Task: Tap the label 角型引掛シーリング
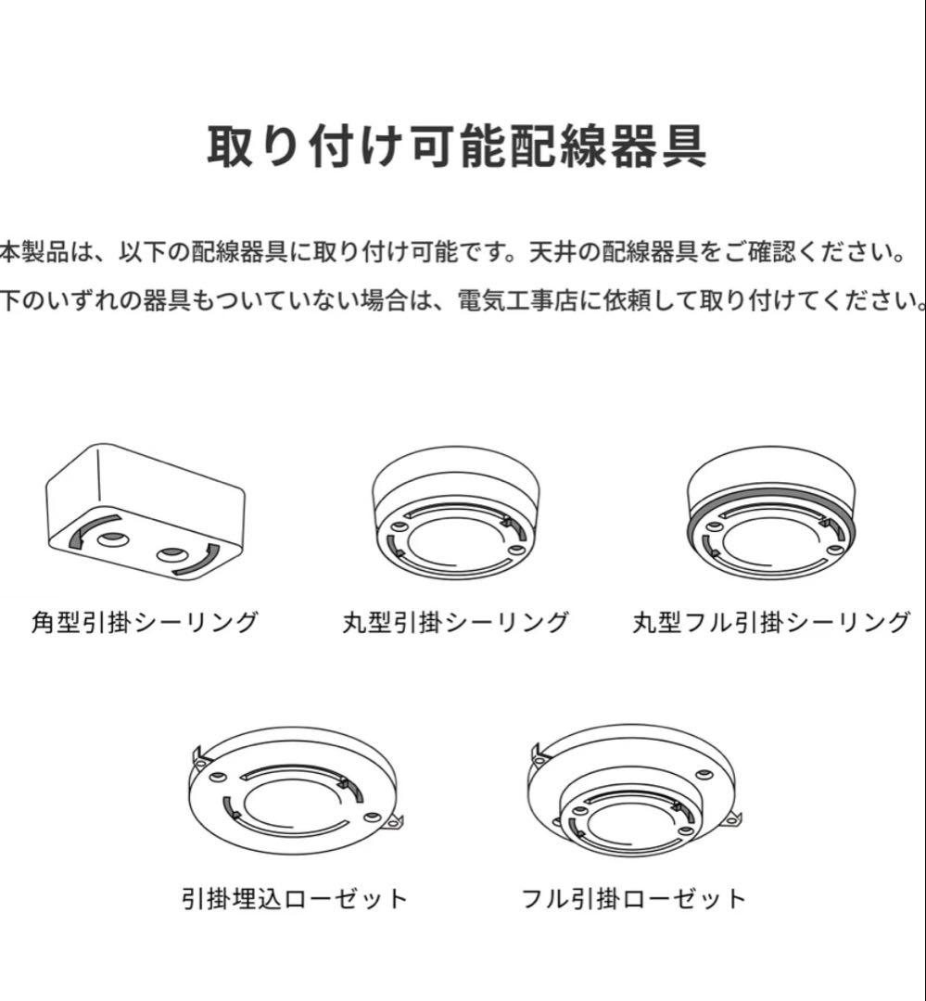pyautogui.click(x=144, y=622)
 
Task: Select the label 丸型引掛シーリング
pyautogui.click(x=454, y=622)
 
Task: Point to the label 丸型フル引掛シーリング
pyautogui.click(x=771, y=622)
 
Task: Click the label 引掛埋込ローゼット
pyautogui.click(x=295, y=898)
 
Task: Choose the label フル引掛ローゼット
pyautogui.click(x=633, y=898)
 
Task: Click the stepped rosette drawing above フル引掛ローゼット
pyautogui.click(x=633, y=788)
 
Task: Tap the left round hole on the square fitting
pyautogui.click(x=109, y=539)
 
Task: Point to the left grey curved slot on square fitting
pyautogui.click(x=85, y=530)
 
